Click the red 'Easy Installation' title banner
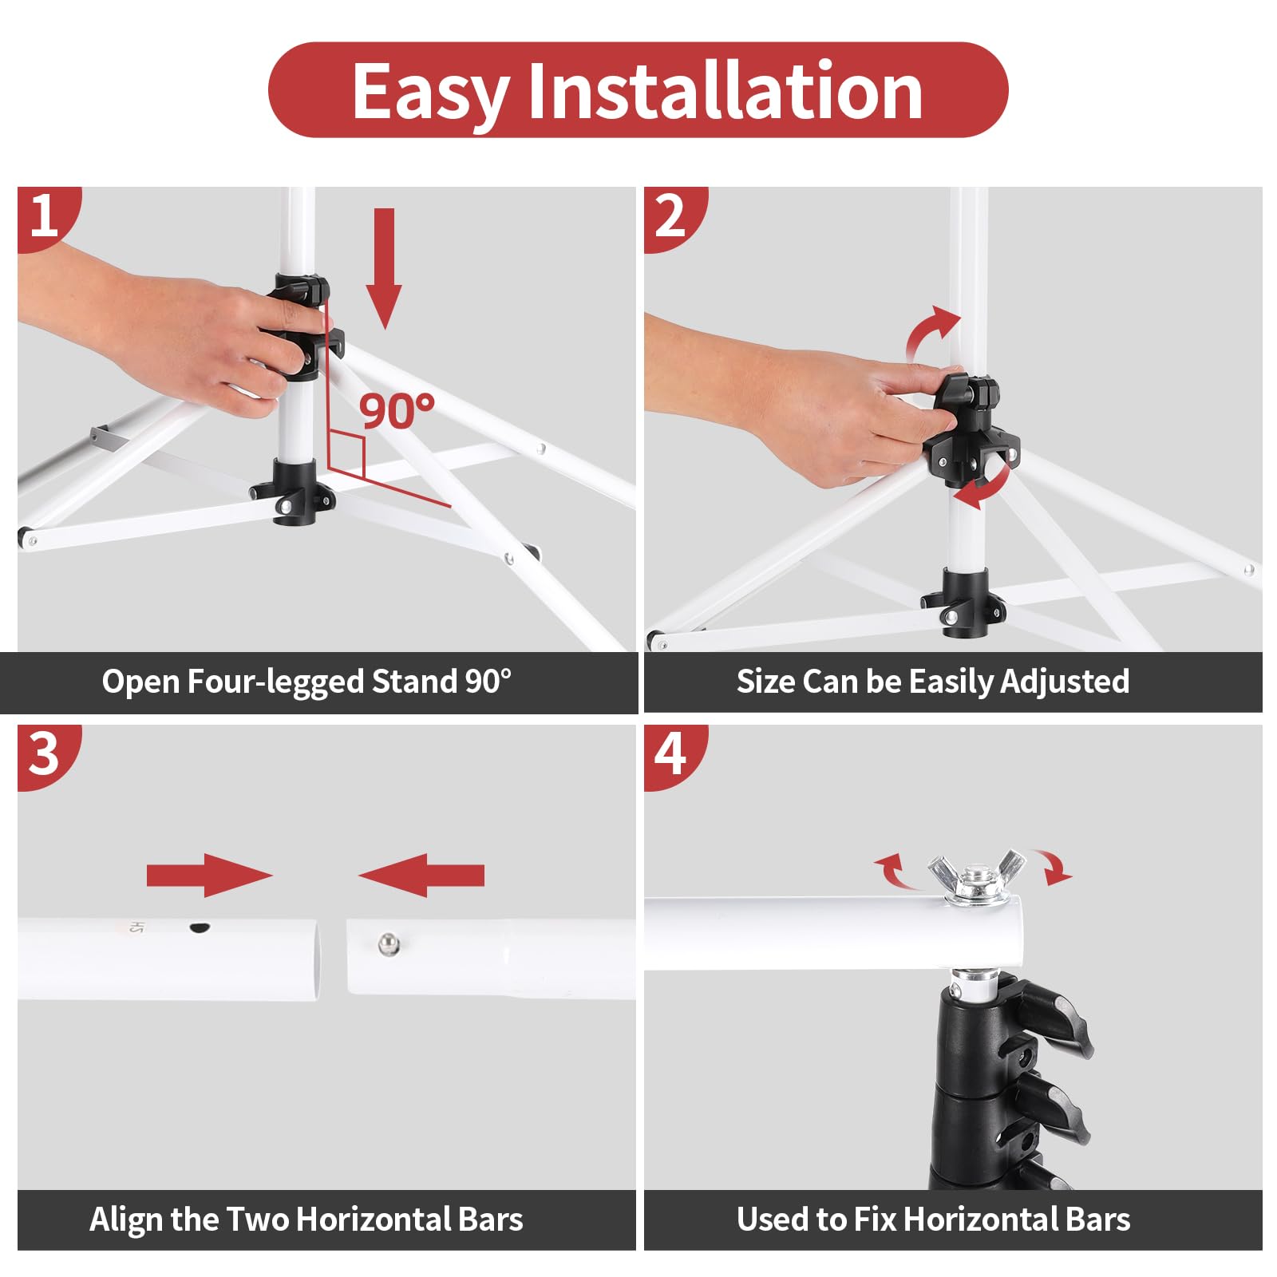pyautogui.click(x=638, y=89)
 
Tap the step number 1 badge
pyautogui.click(x=46, y=216)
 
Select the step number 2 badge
pyautogui.click(x=673, y=216)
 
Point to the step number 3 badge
pyautogui.click(x=46, y=755)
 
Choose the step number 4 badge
pyautogui.click(x=673, y=755)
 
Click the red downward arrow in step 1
pyautogui.click(x=385, y=268)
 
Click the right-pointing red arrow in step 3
pyautogui.click(x=210, y=875)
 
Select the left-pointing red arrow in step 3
pyautogui.click(x=421, y=875)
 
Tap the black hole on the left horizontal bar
pyautogui.click(x=198, y=927)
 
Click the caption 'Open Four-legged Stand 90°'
pyautogui.click(x=306, y=682)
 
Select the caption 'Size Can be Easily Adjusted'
pyautogui.click(x=932, y=682)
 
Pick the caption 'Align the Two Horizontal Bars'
pyautogui.click(x=306, y=1220)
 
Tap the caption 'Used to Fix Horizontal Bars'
pyautogui.click(x=933, y=1220)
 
